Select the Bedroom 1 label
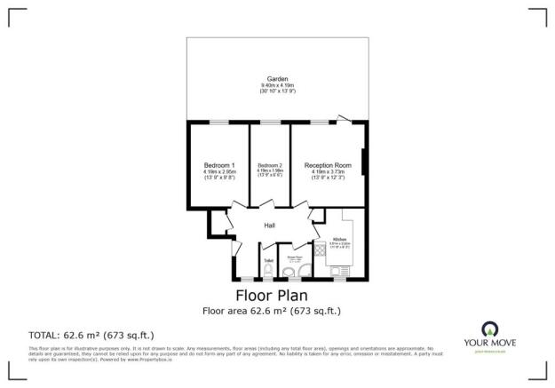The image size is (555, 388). click(219, 165)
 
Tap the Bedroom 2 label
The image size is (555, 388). click(270, 165)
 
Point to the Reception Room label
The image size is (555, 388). click(328, 165)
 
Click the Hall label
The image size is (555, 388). click(269, 226)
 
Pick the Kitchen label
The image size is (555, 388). click(339, 240)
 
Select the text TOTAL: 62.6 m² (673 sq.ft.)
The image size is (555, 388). click(92, 335)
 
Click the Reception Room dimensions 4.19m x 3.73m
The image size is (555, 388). click(328, 172)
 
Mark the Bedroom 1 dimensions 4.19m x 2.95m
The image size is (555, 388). click(219, 172)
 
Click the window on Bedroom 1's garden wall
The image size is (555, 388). click(218, 123)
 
